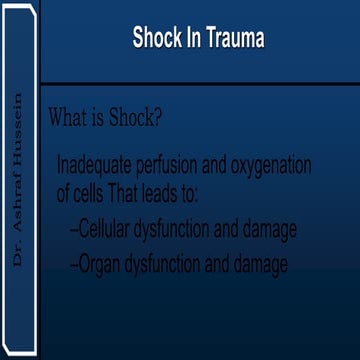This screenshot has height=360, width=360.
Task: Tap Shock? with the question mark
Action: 133,116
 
